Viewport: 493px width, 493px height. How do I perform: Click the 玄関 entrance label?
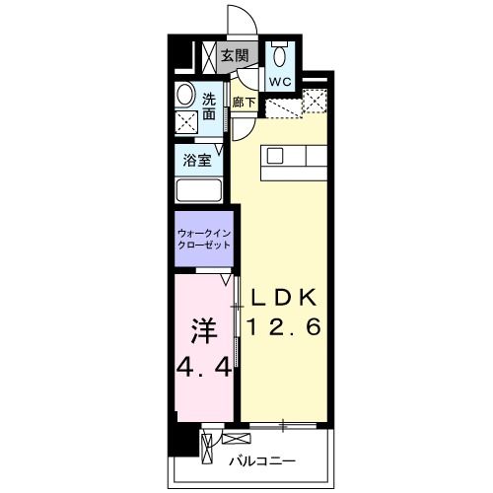click(x=233, y=55)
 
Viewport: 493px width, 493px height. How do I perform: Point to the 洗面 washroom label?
click(x=210, y=106)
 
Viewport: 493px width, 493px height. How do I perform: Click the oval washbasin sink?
click(x=185, y=96)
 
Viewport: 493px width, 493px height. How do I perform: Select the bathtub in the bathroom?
click(x=201, y=190)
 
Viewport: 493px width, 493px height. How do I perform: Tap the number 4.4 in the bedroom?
click(x=204, y=368)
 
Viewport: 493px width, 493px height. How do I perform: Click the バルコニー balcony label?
click(x=260, y=460)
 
